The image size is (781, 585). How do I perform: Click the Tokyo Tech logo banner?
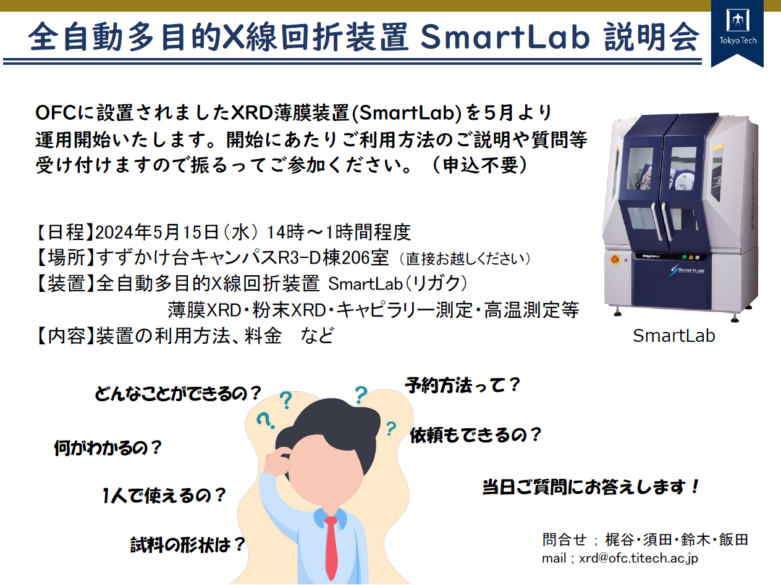pyautogui.click(x=737, y=33)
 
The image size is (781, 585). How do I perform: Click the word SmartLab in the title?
pyautogui.click(x=505, y=36)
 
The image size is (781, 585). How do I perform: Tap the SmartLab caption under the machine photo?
pyautogui.click(x=674, y=336)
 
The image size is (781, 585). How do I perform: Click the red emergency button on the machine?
pyautogui.click(x=615, y=259)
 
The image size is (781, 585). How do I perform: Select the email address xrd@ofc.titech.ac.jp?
pyautogui.click(x=638, y=558)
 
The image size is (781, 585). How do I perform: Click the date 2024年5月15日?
pyautogui.click(x=157, y=232)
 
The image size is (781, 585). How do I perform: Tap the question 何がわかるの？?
pyautogui.click(x=108, y=447)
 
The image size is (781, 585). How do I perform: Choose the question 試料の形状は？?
pyautogui.click(x=188, y=545)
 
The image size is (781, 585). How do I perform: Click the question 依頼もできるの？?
pyautogui.click(x=476, y=435)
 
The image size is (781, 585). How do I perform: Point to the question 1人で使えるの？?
pyautogui.click(x=164, y=496)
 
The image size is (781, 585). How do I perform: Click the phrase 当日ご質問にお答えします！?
pyautogui.click(x=591, y=487)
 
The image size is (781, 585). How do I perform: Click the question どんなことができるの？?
pyautogui.click(x=179, y=394)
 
